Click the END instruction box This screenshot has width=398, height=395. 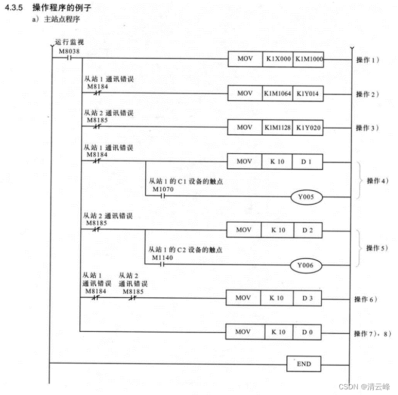tap(304, 364)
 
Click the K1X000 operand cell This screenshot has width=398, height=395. tap(278, 59)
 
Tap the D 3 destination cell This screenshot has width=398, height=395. tap(307, 298)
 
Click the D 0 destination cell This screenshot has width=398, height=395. tap(307, 332)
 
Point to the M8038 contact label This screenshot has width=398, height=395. tap(68, 51)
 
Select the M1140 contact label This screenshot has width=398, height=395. tap(163, 257)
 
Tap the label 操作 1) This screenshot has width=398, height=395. tap(367, 60)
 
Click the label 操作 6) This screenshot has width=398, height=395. tap(366, 298)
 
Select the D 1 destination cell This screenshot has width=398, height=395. tap(307, 161)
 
